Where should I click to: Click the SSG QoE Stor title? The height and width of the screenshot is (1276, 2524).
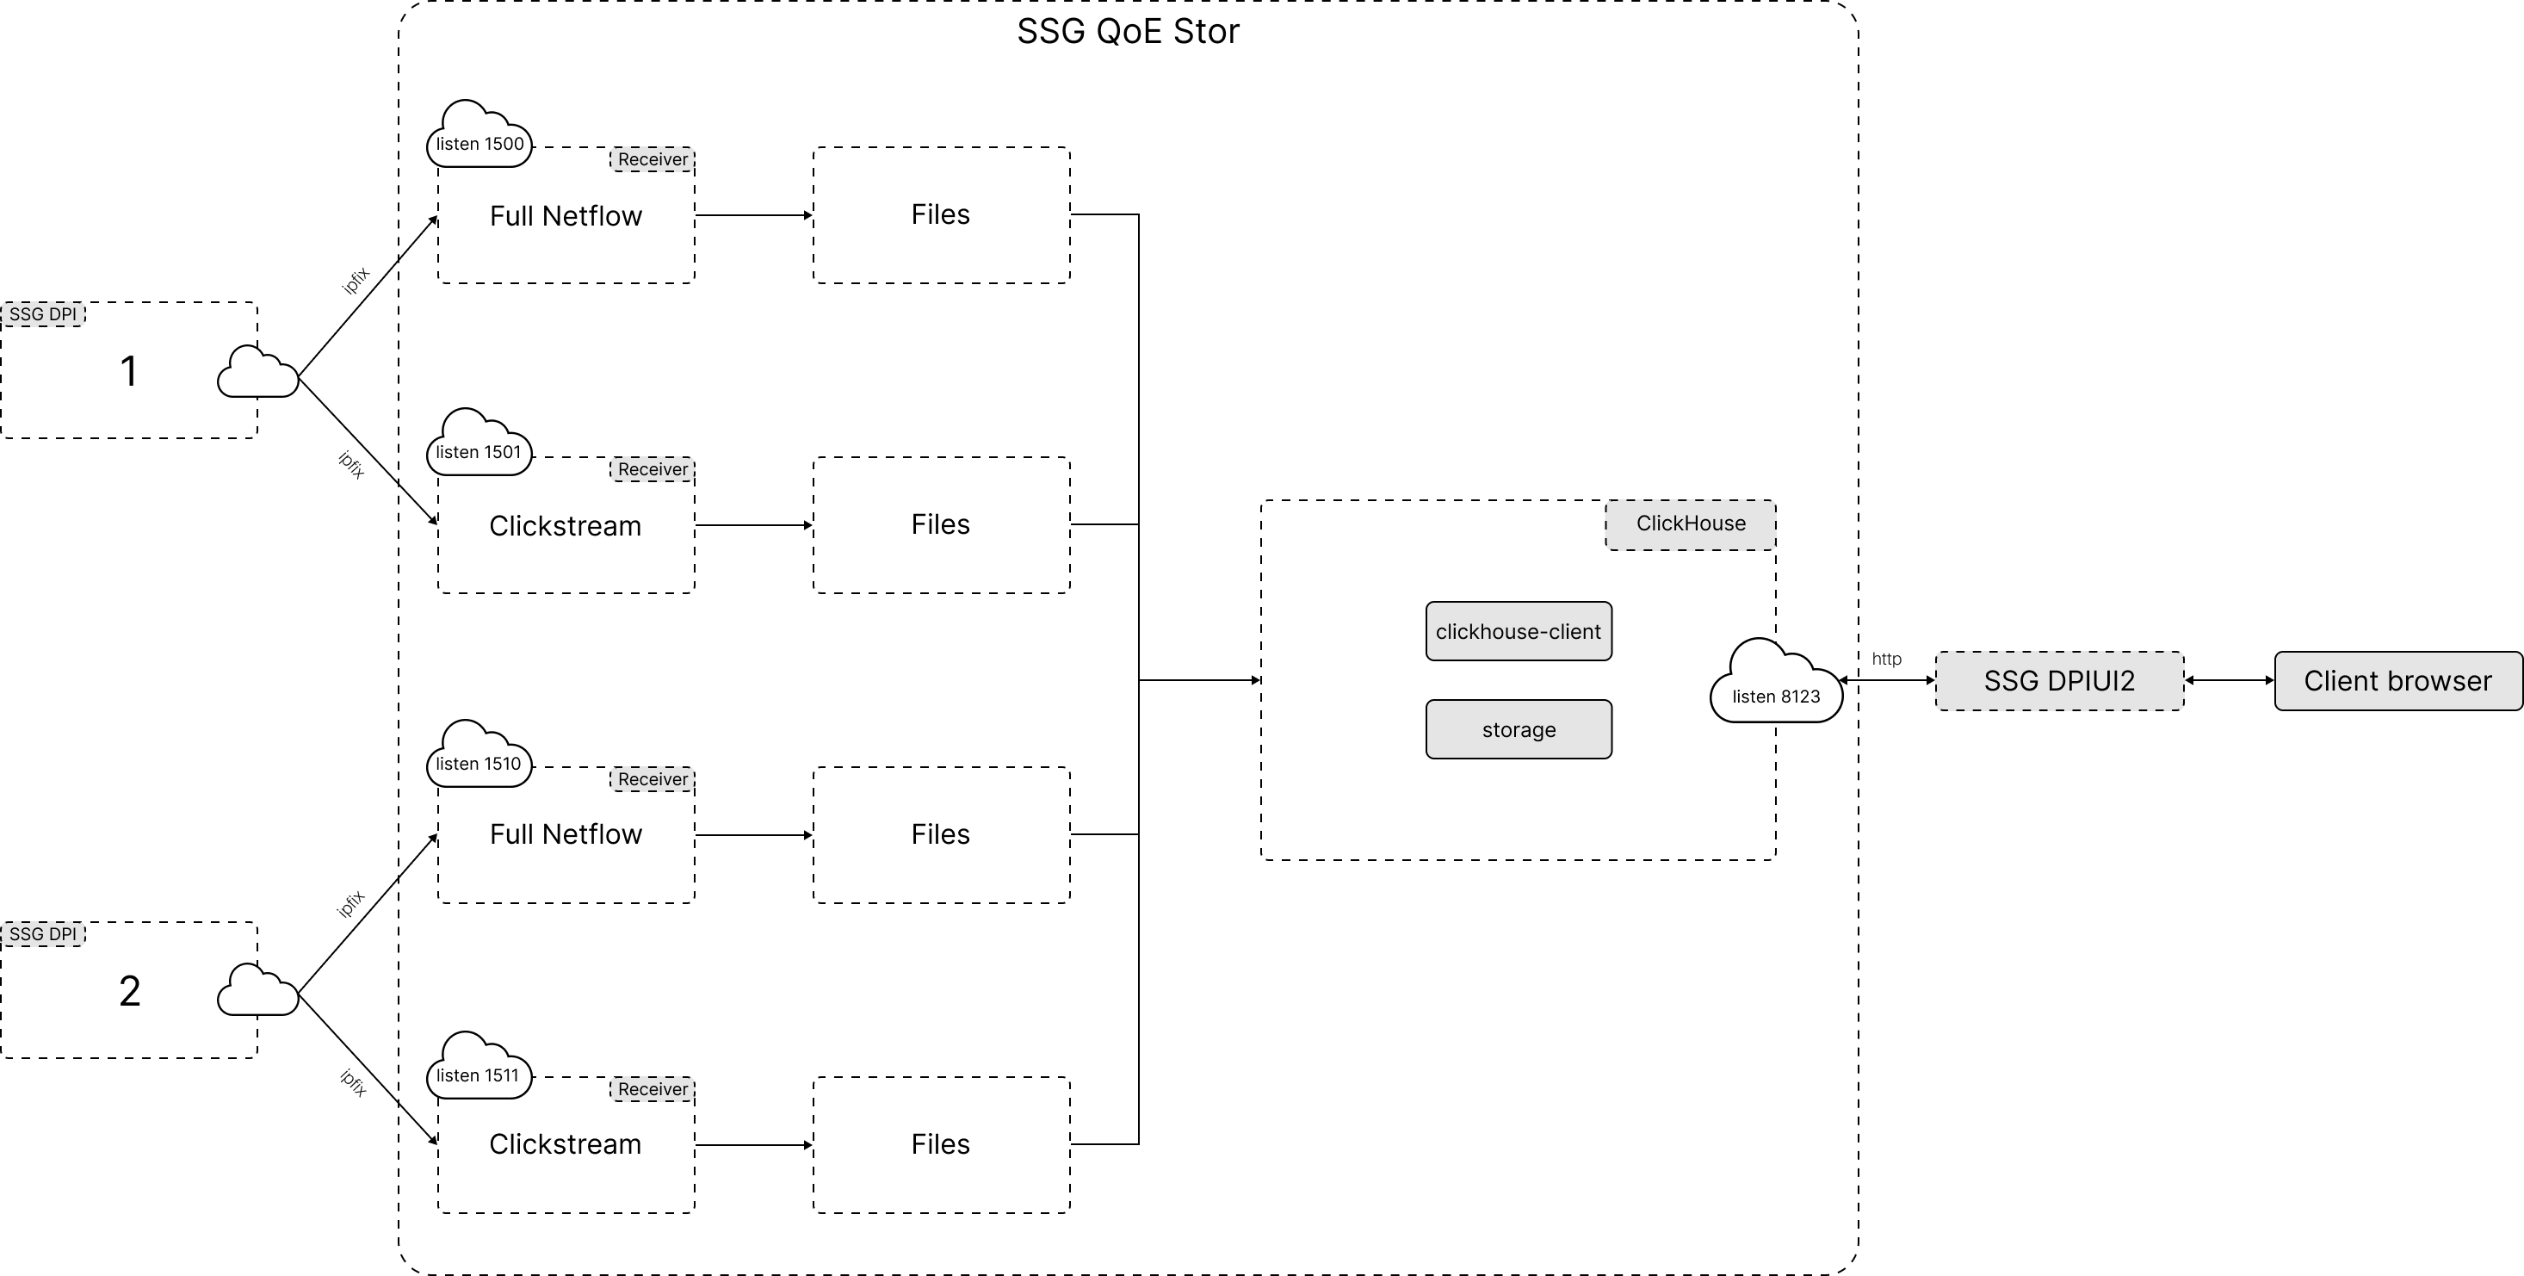pyautogui.click(x=1128, y=31)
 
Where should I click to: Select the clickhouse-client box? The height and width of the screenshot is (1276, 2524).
pyautogui.click(x=1518, y=631)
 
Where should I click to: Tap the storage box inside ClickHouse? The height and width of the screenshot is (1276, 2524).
pyautogui.click(x=1518, y=729)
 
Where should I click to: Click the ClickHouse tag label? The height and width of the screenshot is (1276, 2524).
pyautogui.click(x=1690, y=523)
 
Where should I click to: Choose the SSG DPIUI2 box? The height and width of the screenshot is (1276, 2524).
pyautogui.click(x=2058, y=681)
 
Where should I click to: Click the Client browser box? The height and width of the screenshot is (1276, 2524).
pyautogui.click(x=2397, y=681)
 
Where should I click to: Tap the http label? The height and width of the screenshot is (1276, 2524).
pyautogui.click(x=1886, y=659)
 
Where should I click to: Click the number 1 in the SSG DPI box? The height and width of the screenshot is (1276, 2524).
pyautogui.click(x=128, y=371)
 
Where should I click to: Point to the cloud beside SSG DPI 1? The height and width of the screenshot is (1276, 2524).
pyautogui.click(x=257, y=374)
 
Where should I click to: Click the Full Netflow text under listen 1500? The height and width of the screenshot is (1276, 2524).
pyautogui.click(x=566, y=215)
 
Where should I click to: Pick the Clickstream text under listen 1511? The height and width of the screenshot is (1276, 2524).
pyautogui.click(x=566, y=1143)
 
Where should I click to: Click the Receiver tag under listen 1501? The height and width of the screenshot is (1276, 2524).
pyautogui.click(x=653, y=469)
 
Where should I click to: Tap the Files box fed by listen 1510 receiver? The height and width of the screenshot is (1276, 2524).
pyautogui.click(x=941, y=834)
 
